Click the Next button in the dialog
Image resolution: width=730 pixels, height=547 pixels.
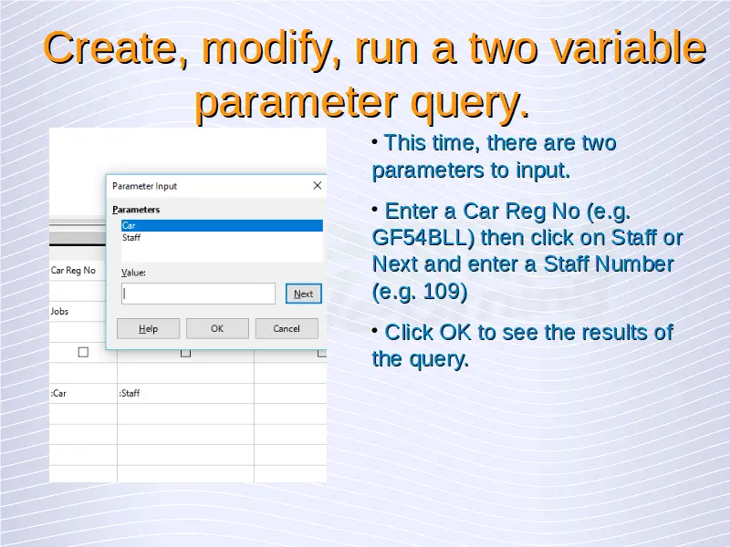pyautogui.click(x=304, y=294)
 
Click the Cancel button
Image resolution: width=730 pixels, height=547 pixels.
pyautogui.click(x=287, y=329)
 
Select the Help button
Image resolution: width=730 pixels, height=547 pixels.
pyautogui.click(x=148, y=329)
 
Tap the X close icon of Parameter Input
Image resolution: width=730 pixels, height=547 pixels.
pyautogui.click(x=318, y=186)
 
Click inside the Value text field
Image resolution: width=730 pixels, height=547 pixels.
pyautogui.click(x=198, y=294)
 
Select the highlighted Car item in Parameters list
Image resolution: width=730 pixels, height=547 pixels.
pyautogui.click(x=222, y=225)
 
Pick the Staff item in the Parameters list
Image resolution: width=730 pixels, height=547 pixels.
pyautogui.click(x=131, y=238)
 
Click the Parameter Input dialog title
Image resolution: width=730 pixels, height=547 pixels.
pyautogui.click(x=145, y=186)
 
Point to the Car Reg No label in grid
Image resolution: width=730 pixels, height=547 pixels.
pyautogui.click(x=73, y=270)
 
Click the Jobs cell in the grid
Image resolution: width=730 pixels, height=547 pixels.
pyautogui.click(x=59, y=311)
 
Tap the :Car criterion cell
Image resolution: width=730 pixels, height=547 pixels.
pyautogui.click(x=58, y=394)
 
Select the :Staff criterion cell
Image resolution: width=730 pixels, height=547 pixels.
pyautogui.click(x=130, y=394)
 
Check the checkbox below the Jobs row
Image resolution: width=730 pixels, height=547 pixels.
pyautogui.click(x=83, y=353)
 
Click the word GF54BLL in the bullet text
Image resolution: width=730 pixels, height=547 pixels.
pyautogui.click(x=423, y=238)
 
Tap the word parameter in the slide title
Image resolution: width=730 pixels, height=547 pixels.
pyautogui.click(x=296, y=103)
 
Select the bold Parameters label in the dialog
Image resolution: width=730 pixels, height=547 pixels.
pyautogui.click(x=136, y=210)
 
